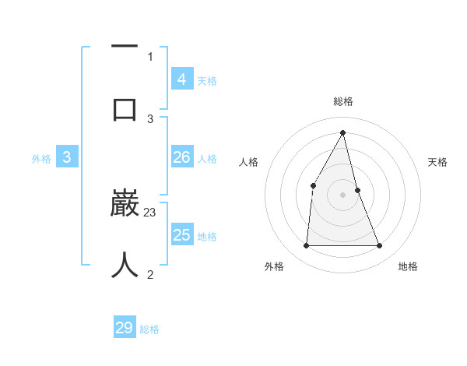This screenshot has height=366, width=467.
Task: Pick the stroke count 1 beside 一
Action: [x=150, y=57]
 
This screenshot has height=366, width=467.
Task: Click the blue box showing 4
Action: [x=181, y=79]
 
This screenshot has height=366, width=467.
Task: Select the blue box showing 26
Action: [x=181, y=157]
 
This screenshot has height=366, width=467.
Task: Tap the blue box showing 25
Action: [x=181, y=234]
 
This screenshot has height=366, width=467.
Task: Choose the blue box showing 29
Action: [x=125, y=328]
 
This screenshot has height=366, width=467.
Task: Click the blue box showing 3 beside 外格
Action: [x=67, y=157]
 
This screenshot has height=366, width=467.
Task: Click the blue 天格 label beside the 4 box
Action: [x=207, y=80]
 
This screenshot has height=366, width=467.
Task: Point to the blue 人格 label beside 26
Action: [x=207, y=159]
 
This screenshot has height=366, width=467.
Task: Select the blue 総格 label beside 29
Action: [x=149, y=329]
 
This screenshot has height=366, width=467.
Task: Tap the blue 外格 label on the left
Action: [x=41, y=159]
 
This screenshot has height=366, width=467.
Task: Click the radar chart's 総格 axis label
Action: [x=343, y=101]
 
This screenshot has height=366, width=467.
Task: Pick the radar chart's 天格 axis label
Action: [x=438, y=162]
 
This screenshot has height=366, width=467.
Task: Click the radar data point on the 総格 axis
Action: [x=343, y=132]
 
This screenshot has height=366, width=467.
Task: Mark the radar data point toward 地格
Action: [x=380, y=246]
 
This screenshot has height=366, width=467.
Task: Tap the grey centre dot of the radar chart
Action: [x=343, y=195]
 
